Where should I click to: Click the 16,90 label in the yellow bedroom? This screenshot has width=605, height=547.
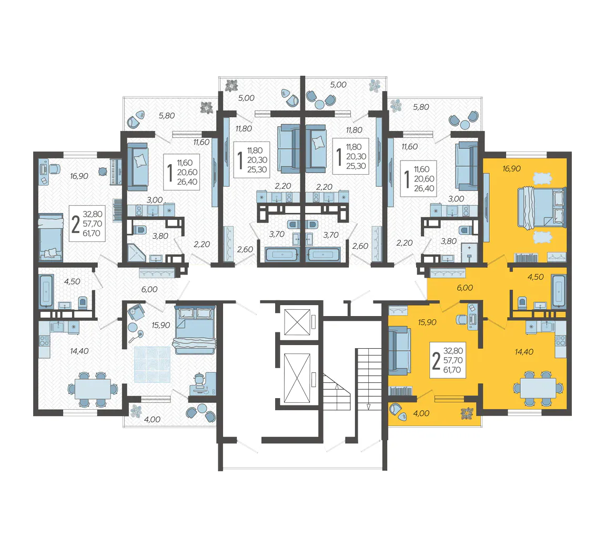tap(511, 169)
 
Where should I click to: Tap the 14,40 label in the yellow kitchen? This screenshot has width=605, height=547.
tap(524, 352)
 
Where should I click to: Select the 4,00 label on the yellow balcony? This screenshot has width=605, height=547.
tap(421, 413)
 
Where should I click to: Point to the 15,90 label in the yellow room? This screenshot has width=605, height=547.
tap(427, 322)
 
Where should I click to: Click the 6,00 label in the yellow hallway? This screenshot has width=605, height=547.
tap(465, 288)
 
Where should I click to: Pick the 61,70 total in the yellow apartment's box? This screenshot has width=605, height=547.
tap(452, 370)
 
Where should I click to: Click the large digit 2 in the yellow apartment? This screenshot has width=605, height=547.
tap(436, 361)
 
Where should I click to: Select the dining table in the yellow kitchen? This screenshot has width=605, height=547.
tap(538, 389)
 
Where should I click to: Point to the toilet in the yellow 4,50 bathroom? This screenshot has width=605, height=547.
tap(522, 302)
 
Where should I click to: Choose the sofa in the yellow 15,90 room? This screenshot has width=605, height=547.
tap(399, 351)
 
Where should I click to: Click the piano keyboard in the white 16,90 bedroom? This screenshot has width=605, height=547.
tap(116, 171)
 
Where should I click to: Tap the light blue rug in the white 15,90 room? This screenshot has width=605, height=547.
tap(152, 364)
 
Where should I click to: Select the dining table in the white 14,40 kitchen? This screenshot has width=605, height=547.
tap(93, 390)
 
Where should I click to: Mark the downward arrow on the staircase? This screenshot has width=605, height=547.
tap(368, 406)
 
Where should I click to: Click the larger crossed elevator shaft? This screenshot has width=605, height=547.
tap(297, 378)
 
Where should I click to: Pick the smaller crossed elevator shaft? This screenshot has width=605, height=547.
tap(297, 322)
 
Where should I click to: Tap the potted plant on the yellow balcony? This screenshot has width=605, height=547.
tap(467, 413)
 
